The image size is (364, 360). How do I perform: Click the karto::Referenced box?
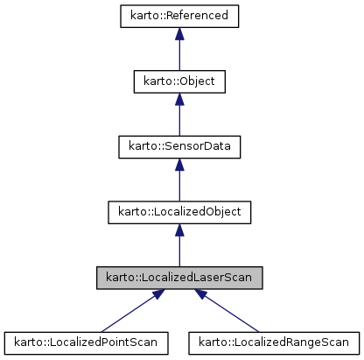coord(178,17)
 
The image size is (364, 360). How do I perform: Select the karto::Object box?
coord(178,81)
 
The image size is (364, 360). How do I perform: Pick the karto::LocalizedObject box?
coord(178,211)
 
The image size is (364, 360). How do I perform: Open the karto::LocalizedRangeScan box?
coord(275,341)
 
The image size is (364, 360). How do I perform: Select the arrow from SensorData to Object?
coord(178,117)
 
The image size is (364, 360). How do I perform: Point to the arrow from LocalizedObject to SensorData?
coord(178,182)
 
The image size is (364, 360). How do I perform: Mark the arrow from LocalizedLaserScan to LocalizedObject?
coord(178,247)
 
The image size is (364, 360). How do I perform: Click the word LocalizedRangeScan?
coord(290,341)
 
